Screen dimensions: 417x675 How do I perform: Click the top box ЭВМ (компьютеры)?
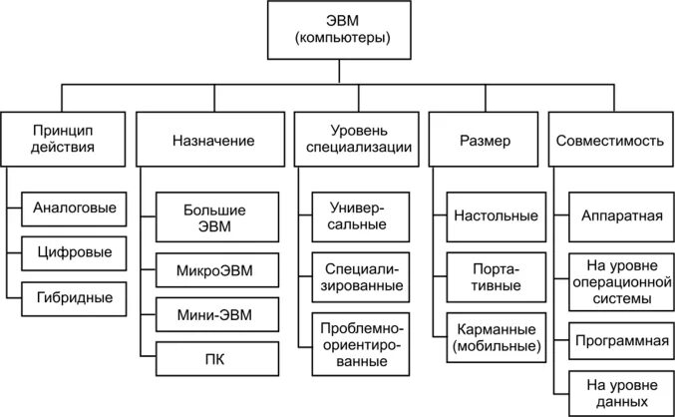coord(337,29)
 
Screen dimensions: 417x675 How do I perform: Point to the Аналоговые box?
coord(74,209)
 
